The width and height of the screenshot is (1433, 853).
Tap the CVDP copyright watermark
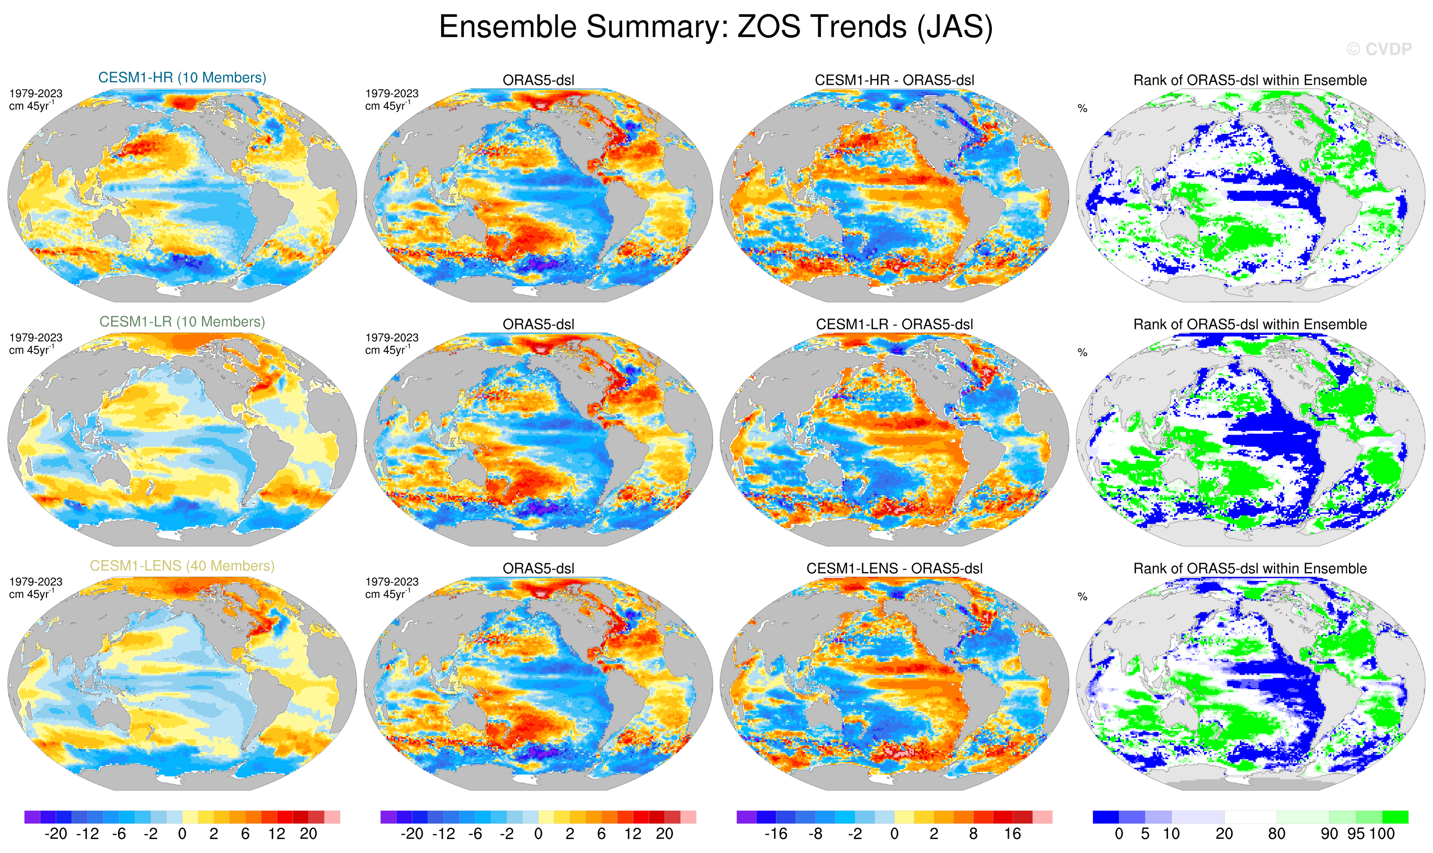(x=1379, y=49)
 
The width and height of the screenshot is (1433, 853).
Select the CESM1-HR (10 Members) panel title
(x=182, y=78)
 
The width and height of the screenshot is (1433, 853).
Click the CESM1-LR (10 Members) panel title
(x=182, y=322)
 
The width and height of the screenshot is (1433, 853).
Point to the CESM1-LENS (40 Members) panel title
(x=182, y=566)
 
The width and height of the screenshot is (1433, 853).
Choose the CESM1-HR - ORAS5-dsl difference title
(x=894, y=81)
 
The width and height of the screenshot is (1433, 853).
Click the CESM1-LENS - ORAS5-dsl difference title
(x=894, y=568)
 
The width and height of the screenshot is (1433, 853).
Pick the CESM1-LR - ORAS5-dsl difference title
(x=894, y=325)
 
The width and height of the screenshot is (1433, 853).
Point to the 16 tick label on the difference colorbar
(x=1013, y=834)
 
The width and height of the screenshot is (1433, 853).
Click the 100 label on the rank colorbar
(x=1382, y=834)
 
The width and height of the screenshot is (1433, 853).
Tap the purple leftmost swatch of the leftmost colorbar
(x=32, y=817)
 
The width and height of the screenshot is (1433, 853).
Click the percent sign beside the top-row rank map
(x=1082, y=109)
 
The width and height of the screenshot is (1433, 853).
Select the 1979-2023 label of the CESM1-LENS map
(x=35, y=582)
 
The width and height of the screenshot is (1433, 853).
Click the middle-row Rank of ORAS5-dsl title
(x=1250, y=325)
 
